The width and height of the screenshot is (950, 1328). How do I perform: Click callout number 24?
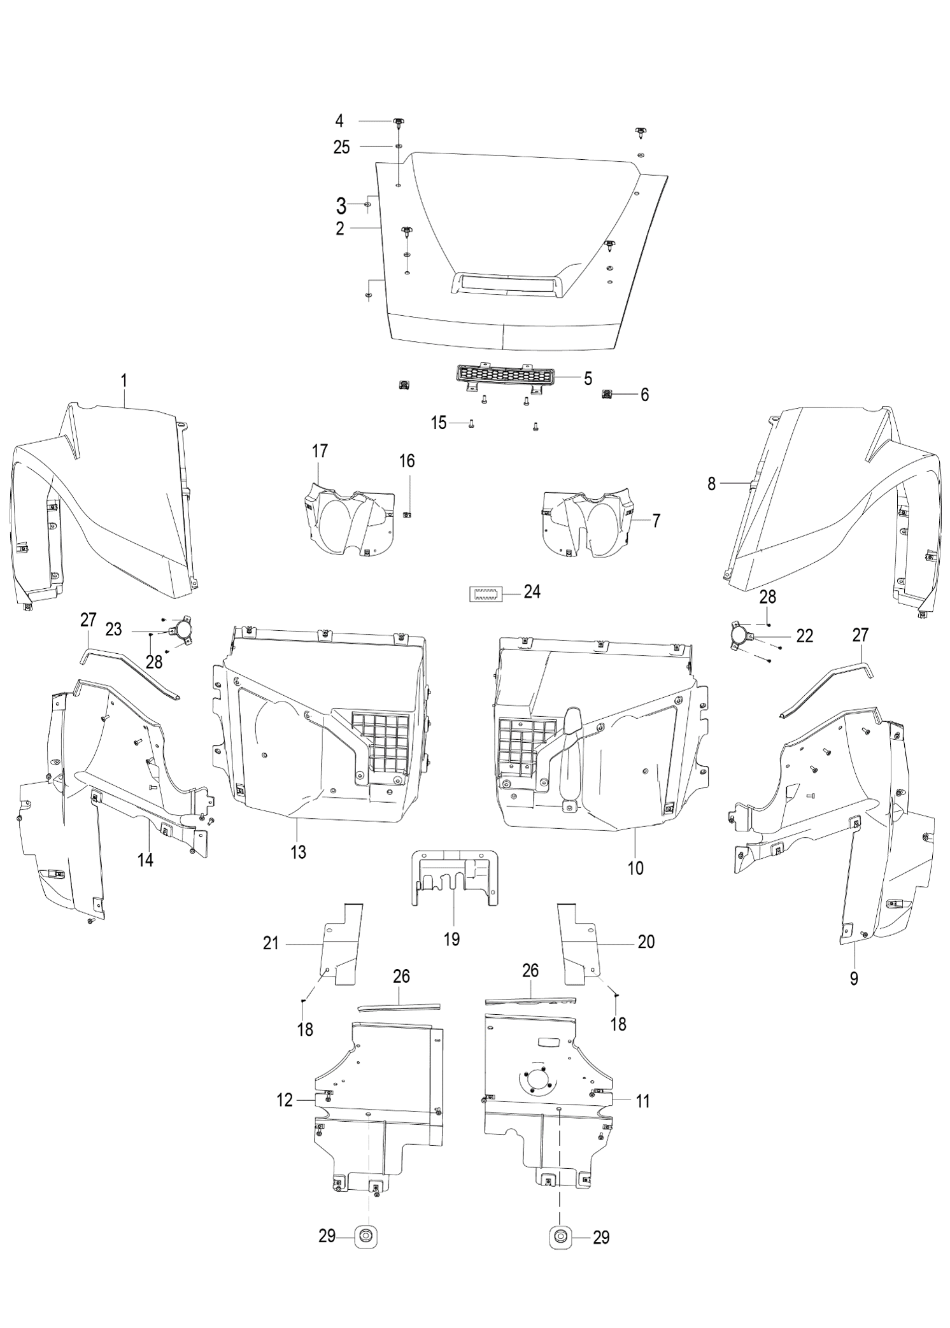coord(532,592)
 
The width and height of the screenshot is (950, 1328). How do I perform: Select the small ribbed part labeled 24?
coord(483,594)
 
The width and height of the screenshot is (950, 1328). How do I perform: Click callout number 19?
coord(451,938)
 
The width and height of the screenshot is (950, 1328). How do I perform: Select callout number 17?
coord(320,451)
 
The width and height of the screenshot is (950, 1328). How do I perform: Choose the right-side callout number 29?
coord(600,1237)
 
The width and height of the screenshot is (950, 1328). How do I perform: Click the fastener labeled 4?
coord(399,122)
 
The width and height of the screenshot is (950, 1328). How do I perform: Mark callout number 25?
coord(342,148)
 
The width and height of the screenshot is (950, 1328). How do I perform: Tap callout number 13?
coord(298,852)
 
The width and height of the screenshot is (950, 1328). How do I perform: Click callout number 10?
coord(635,866)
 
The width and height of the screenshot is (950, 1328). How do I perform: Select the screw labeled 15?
coord(471,425)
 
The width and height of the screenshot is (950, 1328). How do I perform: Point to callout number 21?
coord(271,943)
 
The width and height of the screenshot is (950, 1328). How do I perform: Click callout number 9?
coord(854,978)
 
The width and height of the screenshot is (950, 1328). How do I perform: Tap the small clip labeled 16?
coord(408,497)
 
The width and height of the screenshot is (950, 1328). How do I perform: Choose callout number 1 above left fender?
coord(124,381)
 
